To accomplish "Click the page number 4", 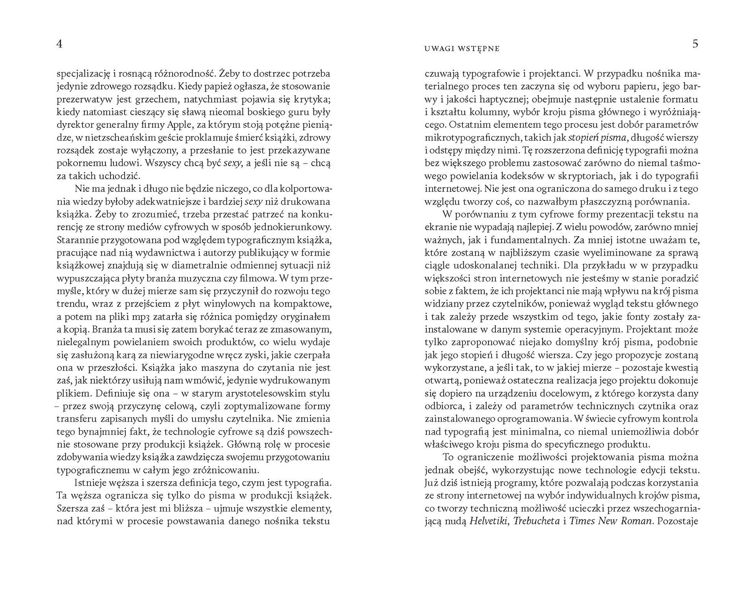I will coord(59,44).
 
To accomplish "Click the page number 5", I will coord(695,44).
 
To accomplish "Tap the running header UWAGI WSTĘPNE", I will coord(462,49).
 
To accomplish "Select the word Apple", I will coord(180,125).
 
